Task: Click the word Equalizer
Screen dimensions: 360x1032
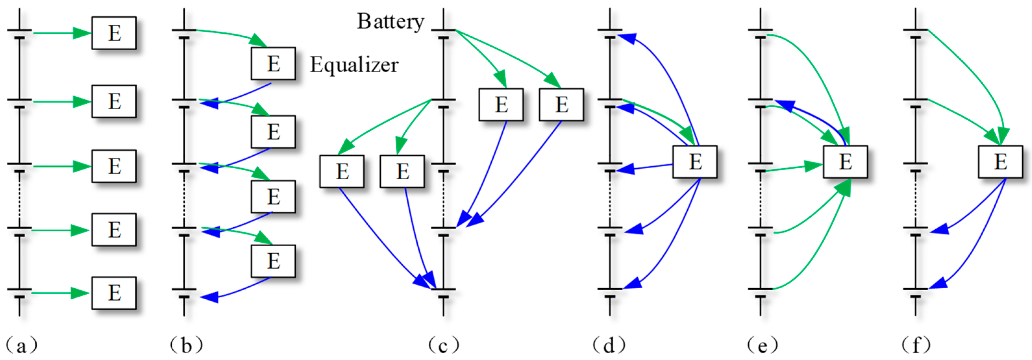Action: click(x=354, y=65)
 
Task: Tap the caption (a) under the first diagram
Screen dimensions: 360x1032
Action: click(x=22, y=345)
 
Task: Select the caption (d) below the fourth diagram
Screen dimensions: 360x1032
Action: click(x=609, y=345)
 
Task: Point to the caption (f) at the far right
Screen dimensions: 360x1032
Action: click(x=916, y=345)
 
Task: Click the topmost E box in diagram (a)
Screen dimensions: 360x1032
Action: click(x=114, y=33)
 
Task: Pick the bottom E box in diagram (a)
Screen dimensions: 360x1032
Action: click(x=114, y=293)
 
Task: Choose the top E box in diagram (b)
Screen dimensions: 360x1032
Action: click(x=273, y=64)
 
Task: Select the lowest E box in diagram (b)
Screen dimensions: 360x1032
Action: click(x=273, y=261)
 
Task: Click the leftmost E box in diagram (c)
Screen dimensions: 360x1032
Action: click(x=342, y=171)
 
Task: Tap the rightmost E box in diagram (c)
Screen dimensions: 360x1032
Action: click(x=561, y=104)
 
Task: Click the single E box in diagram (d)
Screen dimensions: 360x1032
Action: click(x=695, y=162)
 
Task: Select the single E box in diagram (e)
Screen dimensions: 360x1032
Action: click(x=845, y=162)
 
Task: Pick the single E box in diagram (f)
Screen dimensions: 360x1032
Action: click(x=1000, y=162)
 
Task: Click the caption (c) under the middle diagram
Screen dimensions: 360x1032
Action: click(x=443, y=345)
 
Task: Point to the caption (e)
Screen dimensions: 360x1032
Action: click(x=762, y=345)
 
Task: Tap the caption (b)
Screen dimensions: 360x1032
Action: click(x=186, y=345)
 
